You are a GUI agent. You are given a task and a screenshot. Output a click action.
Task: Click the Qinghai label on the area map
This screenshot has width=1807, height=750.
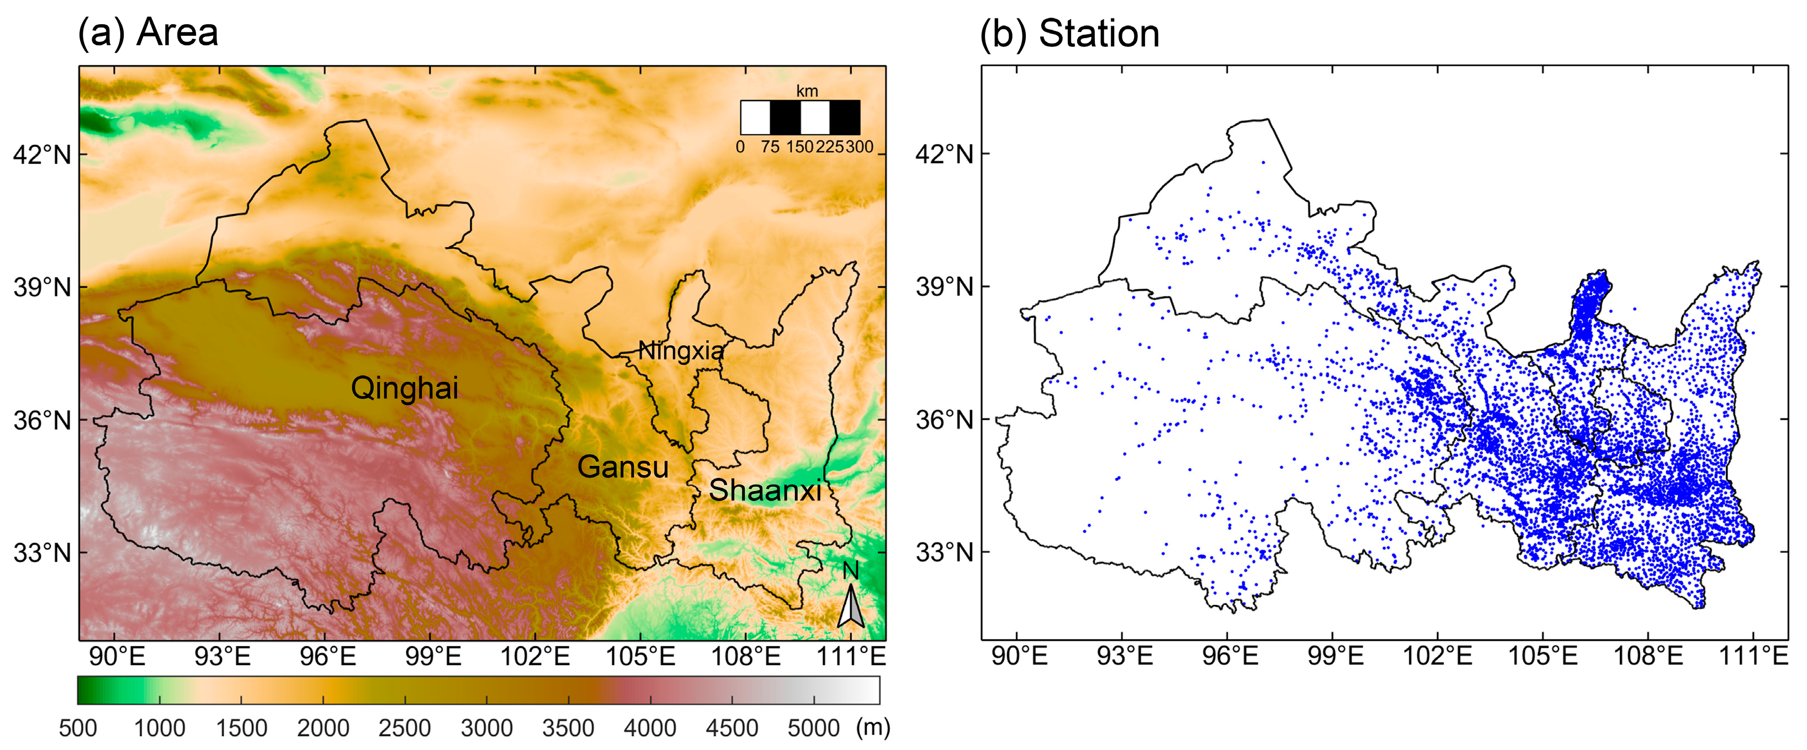pos(404,387)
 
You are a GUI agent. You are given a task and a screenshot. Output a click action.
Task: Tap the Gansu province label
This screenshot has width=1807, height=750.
pos(622,467)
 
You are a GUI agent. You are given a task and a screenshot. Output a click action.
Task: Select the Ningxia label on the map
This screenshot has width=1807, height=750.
pos(680,350)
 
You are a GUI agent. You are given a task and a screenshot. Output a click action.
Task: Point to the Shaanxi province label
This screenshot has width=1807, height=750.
pos(765,490)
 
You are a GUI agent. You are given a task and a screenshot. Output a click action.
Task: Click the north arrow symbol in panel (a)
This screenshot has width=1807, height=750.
pos(850,603)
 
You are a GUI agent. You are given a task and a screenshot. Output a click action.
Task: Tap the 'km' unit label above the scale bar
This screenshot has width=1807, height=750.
pos(807,91)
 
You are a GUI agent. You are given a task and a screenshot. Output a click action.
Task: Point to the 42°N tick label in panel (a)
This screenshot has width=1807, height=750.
pos(42,154)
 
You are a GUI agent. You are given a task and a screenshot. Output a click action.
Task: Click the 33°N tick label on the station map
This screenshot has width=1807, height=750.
pos(944,552)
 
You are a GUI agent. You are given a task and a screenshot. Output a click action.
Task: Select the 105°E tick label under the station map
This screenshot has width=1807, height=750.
pos(1543,657)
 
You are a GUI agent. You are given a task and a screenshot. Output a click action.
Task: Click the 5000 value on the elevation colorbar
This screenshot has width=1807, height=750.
pos(813,728)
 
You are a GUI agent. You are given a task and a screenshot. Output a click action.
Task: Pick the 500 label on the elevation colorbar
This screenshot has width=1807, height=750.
pos(78,728)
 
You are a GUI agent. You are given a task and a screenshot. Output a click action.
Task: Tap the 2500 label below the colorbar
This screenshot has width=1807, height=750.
pos(405,728)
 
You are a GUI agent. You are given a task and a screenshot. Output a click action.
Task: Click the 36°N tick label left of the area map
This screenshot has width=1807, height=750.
pos(42,421)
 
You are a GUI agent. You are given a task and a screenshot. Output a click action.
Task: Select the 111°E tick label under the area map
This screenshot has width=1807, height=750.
pos(851,657)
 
